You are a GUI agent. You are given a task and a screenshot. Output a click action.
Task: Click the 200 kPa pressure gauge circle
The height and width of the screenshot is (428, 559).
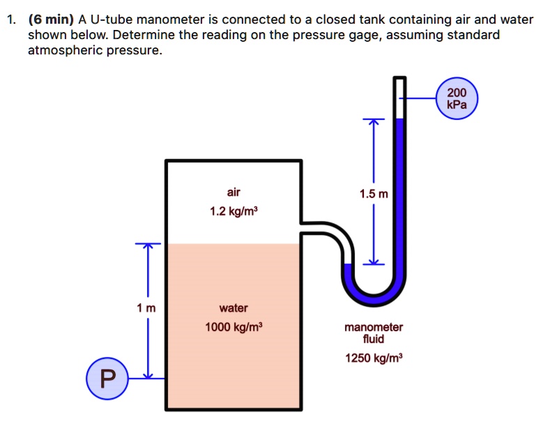point(457,99)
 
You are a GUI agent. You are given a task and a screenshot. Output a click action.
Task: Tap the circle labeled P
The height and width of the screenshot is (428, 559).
point(105,379)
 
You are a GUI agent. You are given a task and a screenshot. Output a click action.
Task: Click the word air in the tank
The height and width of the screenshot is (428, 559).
point(233,191)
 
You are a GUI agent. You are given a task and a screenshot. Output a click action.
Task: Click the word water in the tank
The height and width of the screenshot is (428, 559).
point(233,307)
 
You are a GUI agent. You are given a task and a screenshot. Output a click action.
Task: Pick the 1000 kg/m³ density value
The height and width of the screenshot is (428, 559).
point(233,327)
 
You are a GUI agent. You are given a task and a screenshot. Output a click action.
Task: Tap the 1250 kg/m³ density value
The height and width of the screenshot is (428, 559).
point(373,358)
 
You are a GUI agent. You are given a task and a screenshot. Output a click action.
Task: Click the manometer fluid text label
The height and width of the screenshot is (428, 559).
point(373,333)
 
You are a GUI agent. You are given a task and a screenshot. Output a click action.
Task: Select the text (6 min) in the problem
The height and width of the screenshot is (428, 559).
point(50,20)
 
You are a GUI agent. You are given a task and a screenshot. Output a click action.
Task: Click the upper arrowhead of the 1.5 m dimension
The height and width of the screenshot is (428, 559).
point(373,122)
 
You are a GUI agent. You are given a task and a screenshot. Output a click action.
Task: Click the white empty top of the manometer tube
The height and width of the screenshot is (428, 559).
point(399,98)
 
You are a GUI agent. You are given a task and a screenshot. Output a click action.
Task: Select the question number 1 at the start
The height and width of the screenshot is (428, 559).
point(10,20)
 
